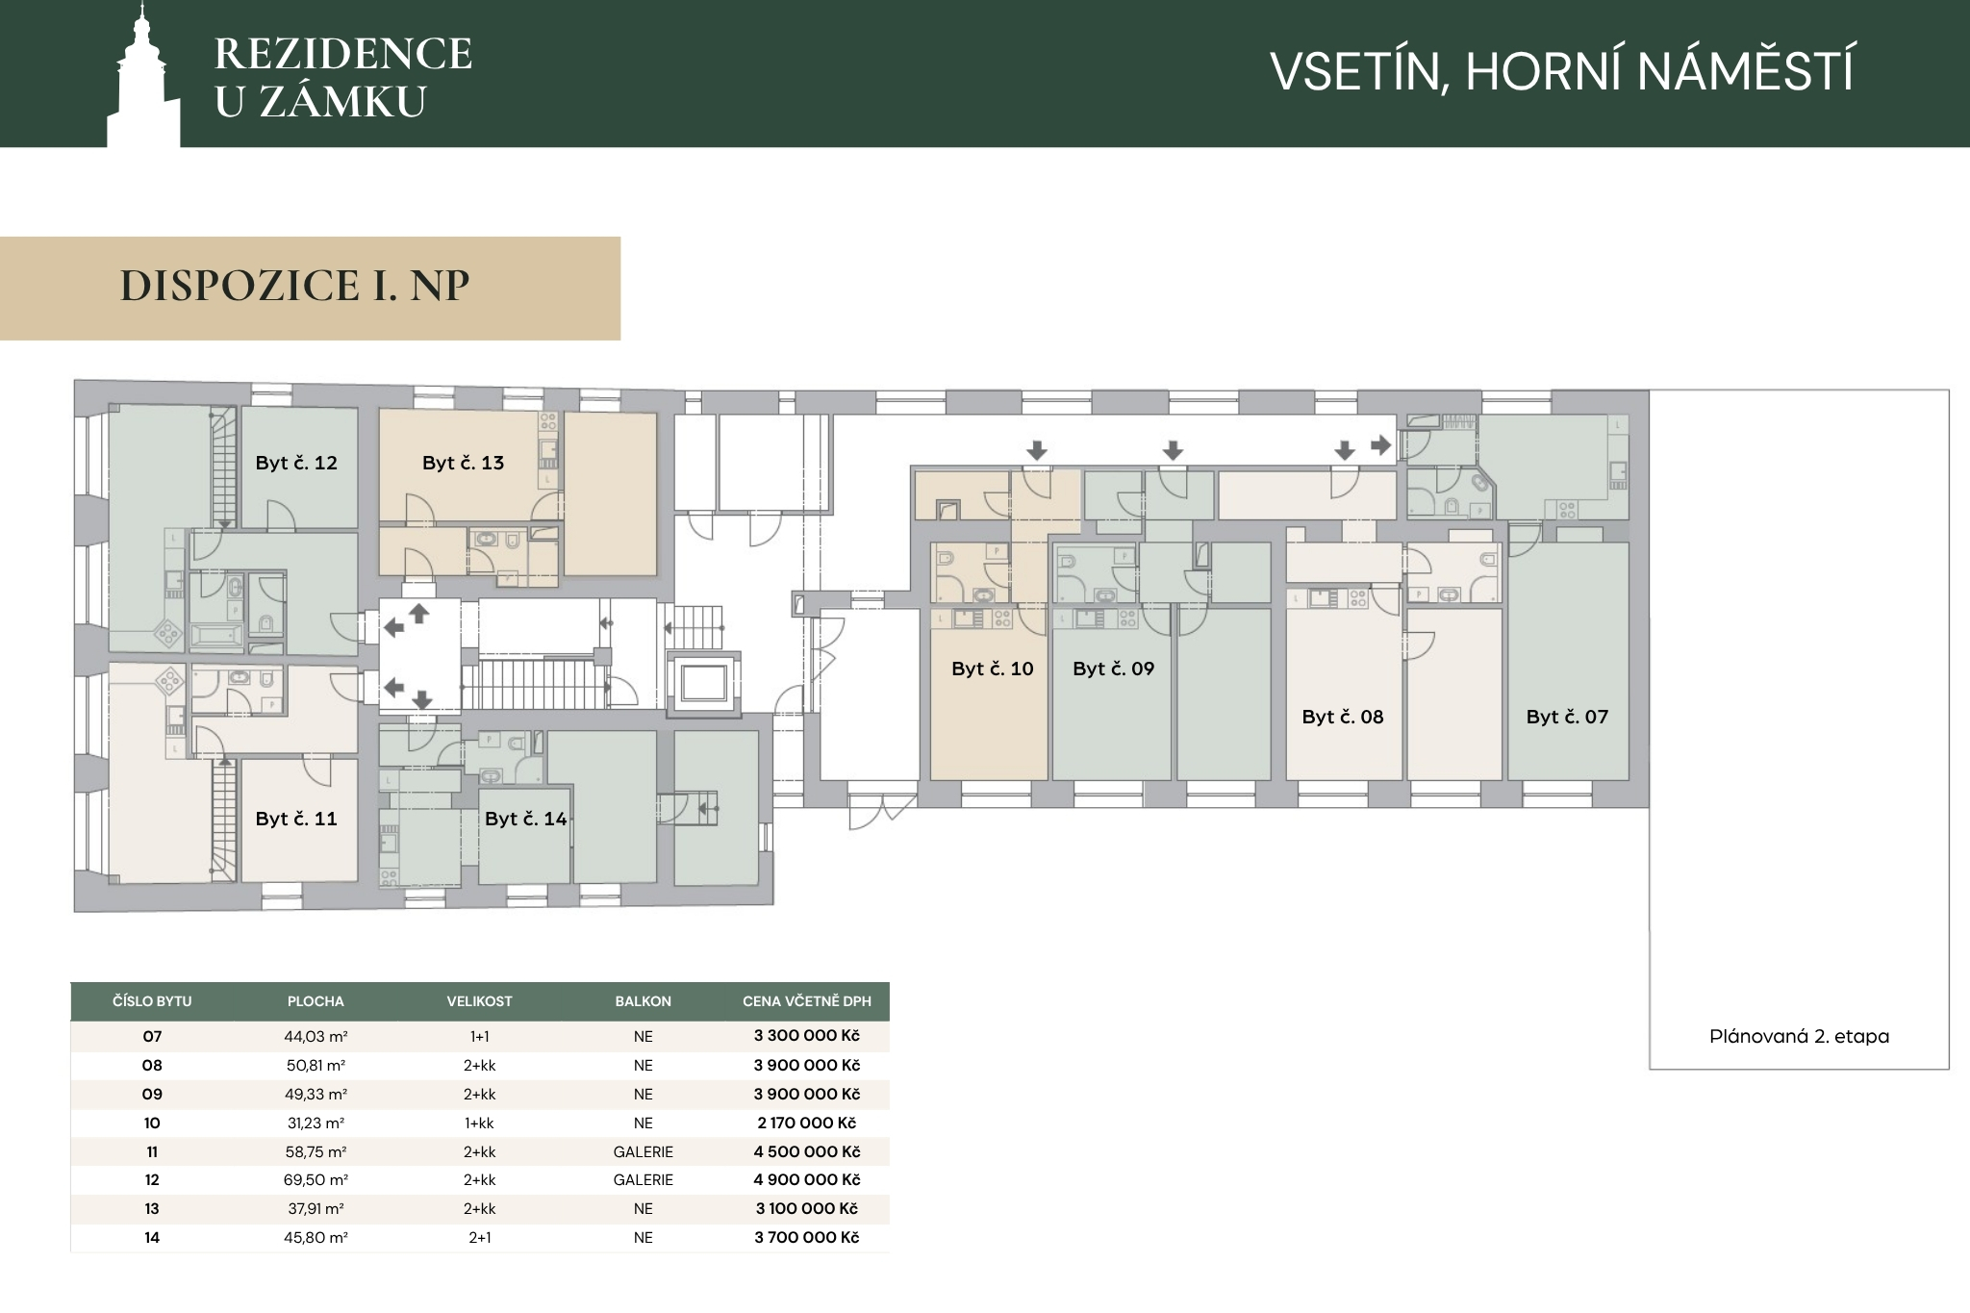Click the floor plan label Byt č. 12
point(296,463)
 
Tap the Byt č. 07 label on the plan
point(1567,717)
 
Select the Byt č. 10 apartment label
point(993,669)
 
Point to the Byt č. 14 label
point(526,819)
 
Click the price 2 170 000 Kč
point(807,1123)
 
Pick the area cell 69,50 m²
point(316,1179)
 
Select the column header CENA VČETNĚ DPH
point(807,1001)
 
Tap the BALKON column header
point(644,1001)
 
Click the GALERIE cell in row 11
point(644,1151)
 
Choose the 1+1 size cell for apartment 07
point(480,1037)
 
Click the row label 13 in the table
point(152,1209)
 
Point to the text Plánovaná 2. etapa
point(1800,1037)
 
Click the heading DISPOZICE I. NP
point(295,286)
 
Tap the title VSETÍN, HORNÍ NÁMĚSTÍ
point(1562,71)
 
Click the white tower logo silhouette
point(143,82)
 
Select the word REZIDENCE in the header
point(343,54)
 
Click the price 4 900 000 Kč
point(807,1179)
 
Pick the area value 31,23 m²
point(316,1123)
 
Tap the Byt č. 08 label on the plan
point(1343,717)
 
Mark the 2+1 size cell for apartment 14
point(480,1238)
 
